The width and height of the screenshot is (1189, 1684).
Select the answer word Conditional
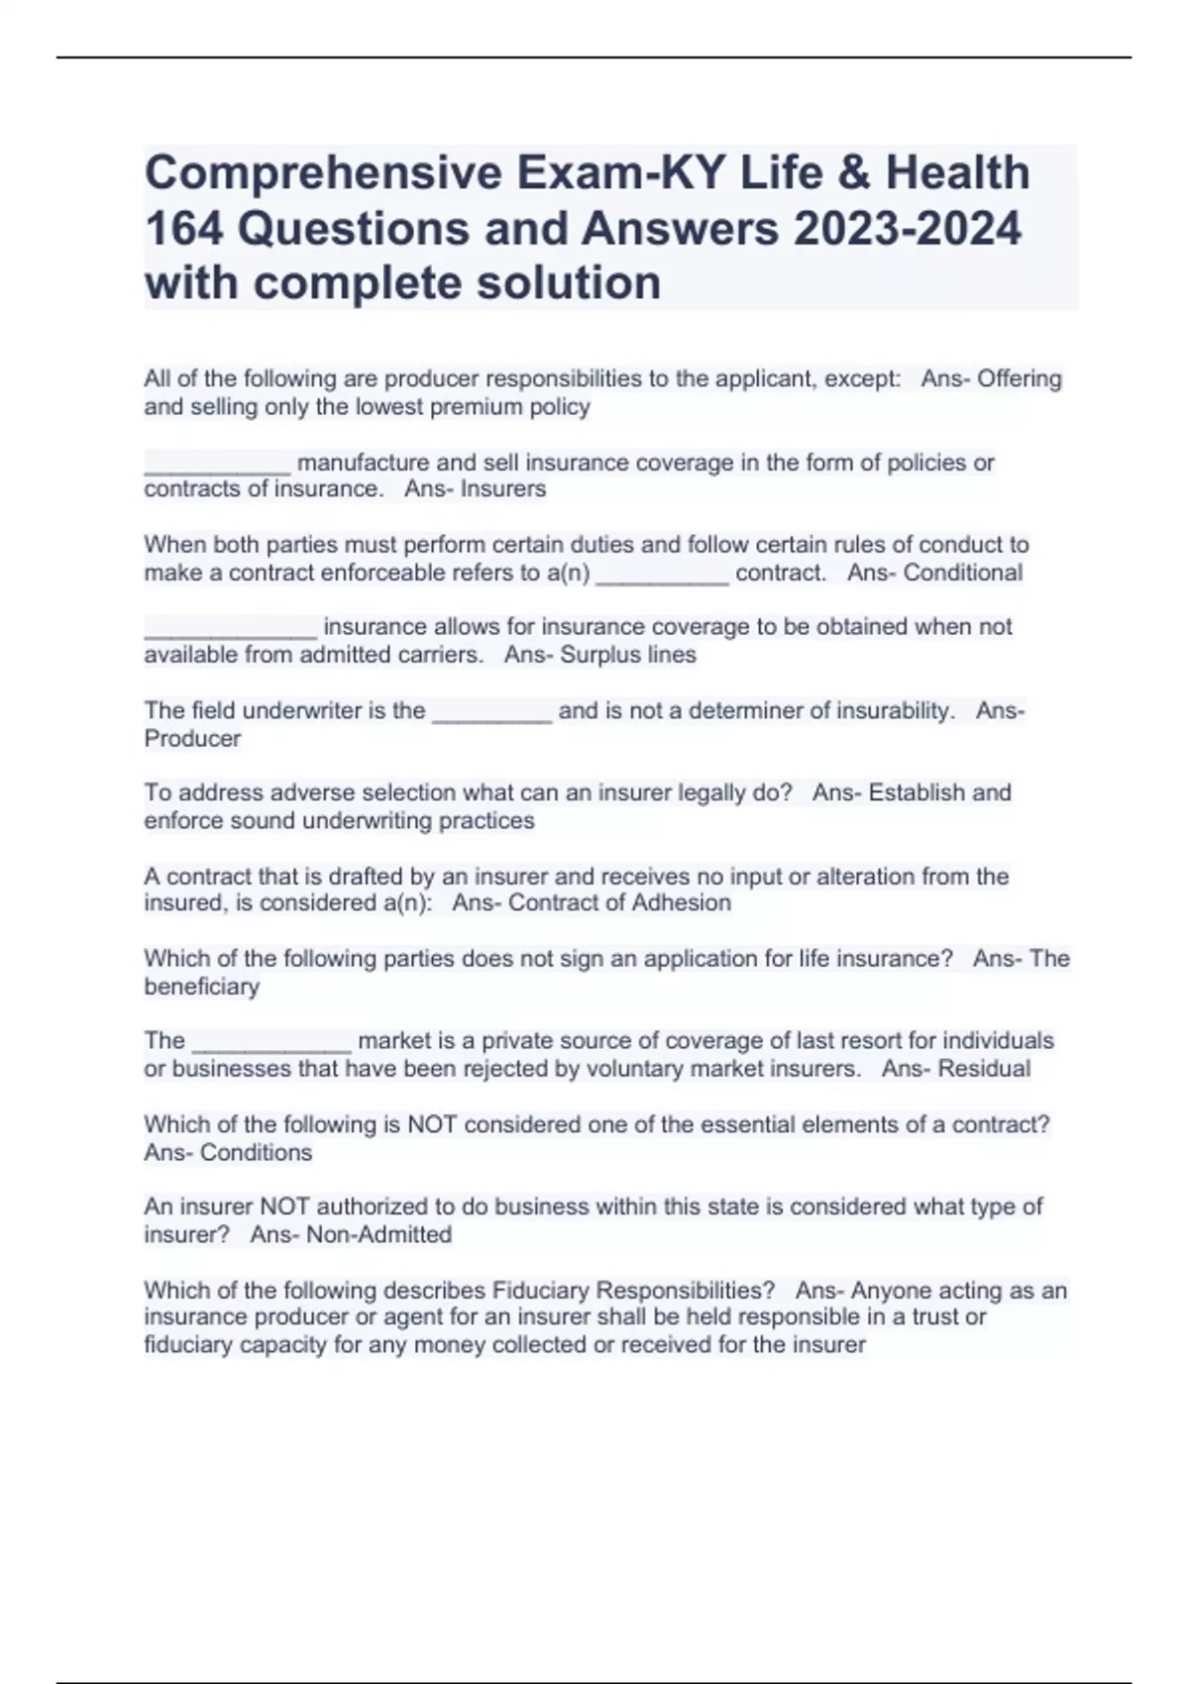[962, 573]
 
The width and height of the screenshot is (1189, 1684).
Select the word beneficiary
[202, 987]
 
